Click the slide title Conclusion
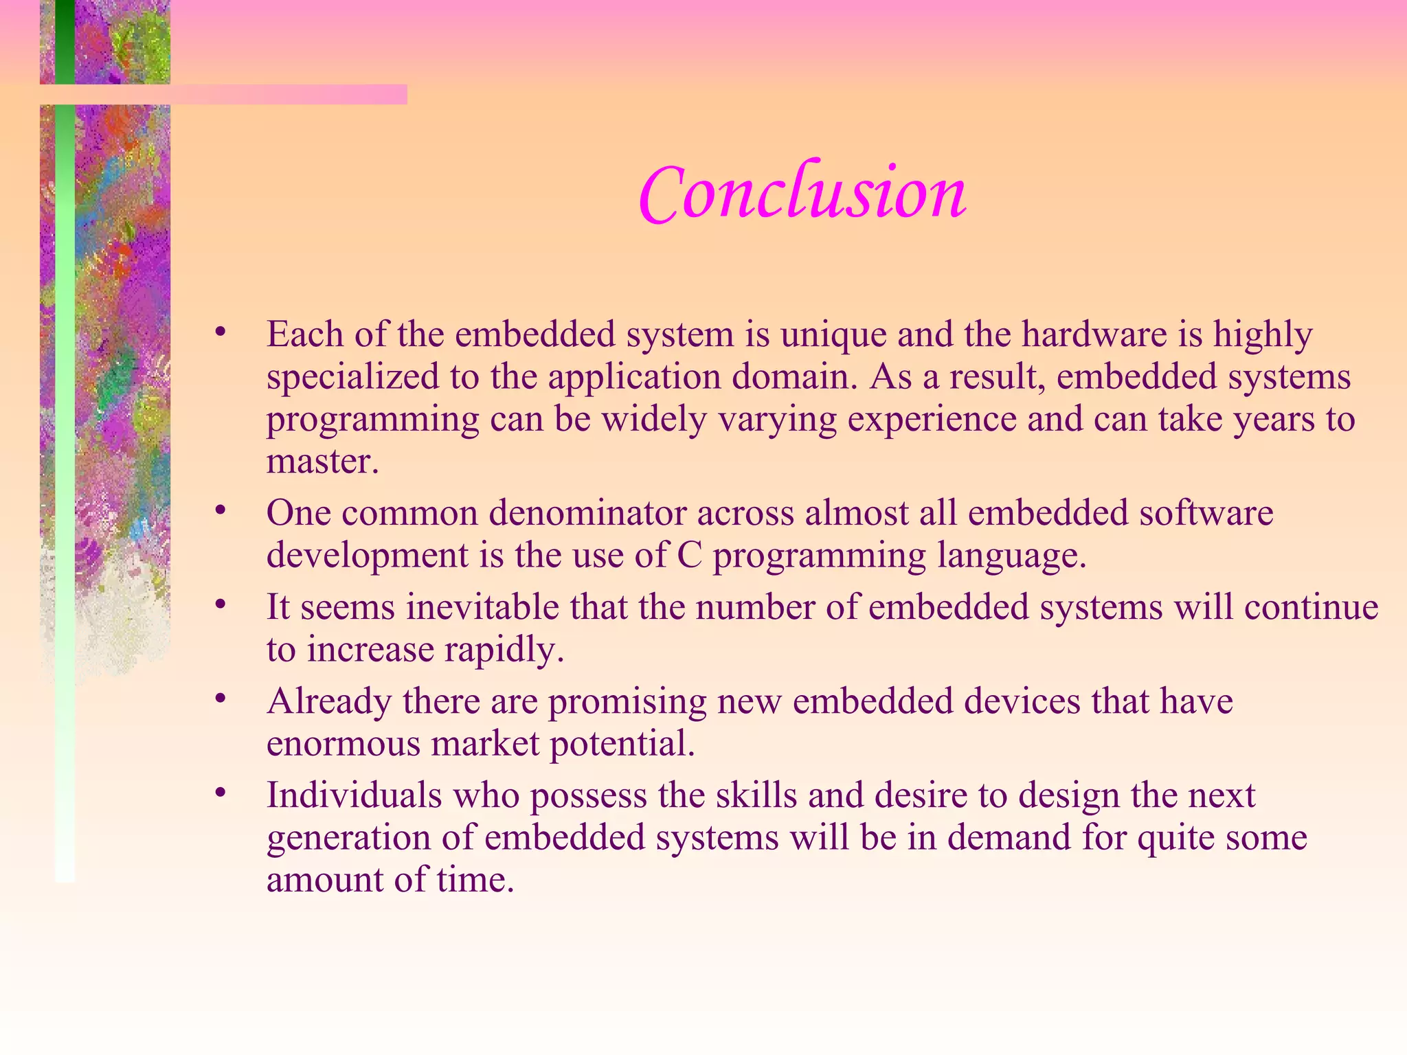(802, 194)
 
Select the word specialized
(352, 378)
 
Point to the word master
(322, 462)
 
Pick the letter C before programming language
(689, 555)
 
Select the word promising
(627, 702)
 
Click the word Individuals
(354, 795)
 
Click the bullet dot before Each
(220, 332)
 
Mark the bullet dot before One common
(220, 510)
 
